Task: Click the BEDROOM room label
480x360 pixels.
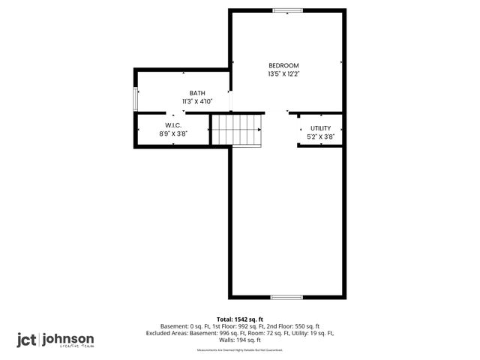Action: [x=283, y=65]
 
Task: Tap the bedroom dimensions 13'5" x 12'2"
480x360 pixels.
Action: [x=283, y=74]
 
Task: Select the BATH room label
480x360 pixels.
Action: [x=197, y=93]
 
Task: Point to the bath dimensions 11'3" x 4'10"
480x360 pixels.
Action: [x=197, y=101]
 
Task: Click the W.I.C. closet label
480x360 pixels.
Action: [x=173, y=125]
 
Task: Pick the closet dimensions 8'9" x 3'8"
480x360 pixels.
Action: [x=173, y=133]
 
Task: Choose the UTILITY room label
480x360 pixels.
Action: [x=320, y=128]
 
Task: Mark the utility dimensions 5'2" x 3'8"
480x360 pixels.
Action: [x=320, y=136]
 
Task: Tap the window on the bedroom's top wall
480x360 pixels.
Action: [x=287, y=10]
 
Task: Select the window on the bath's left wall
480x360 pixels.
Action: [x=136, y=99]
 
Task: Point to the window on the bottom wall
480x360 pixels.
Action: [x=286, y=298]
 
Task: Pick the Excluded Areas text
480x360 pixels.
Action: [x=169, y=333]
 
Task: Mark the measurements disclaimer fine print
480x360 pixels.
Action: [x=240, y=350]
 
